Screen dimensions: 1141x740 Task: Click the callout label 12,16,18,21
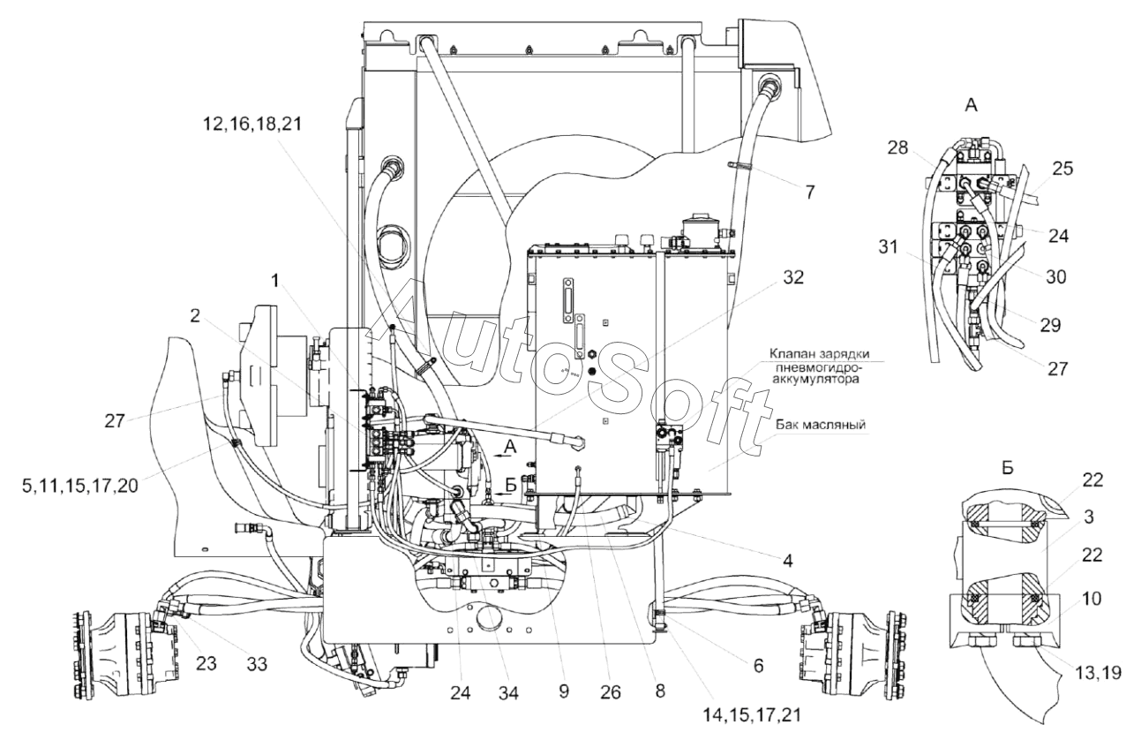click(252, 125)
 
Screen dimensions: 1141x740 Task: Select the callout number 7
click(810, 193)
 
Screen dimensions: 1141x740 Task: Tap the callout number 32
click(793, 277)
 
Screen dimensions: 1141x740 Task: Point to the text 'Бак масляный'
click(821, 425)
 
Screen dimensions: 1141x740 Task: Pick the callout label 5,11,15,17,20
click(80, 487)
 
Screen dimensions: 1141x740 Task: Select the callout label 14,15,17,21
click(752, 715)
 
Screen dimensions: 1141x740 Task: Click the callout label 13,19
click(1099, 673)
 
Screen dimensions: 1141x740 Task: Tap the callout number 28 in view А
click(898, 147)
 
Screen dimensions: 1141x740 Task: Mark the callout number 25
click(1062, 169)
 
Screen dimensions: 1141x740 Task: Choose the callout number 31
click(889, 247)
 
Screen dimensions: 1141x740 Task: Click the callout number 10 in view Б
click(1092, 599)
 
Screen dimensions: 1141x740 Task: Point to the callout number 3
click(1089, 517)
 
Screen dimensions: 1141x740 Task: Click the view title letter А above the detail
click(971, 105)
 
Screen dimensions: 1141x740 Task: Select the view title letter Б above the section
click(1008, 468)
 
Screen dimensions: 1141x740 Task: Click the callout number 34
click(508, 692)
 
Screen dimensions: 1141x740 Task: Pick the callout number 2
click(195, 316)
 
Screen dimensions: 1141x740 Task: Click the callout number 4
click(787, 561)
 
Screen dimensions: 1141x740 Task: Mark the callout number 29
click(1050, 325)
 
